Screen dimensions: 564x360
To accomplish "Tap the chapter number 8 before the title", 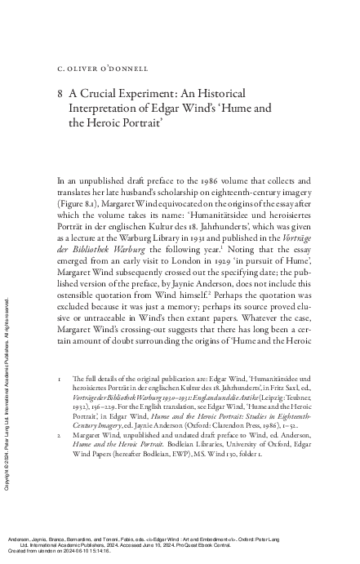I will coord(60,95).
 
